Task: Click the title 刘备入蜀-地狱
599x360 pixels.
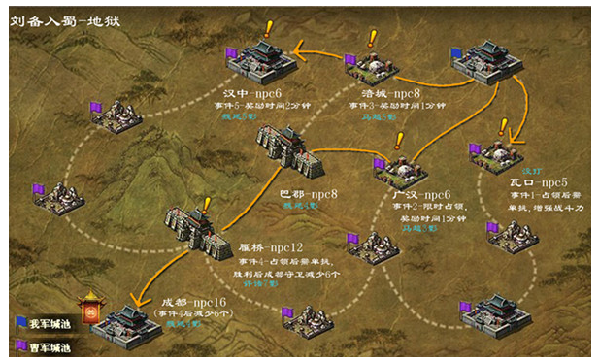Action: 59,18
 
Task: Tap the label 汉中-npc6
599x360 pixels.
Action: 250,93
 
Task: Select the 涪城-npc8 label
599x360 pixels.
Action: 385,93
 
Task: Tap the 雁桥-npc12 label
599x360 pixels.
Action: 272,246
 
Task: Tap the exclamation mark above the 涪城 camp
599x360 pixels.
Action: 372,39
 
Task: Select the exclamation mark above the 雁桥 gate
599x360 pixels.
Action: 206,205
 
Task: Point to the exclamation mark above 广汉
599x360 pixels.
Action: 398,141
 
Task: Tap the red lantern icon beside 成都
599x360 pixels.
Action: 92,310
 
